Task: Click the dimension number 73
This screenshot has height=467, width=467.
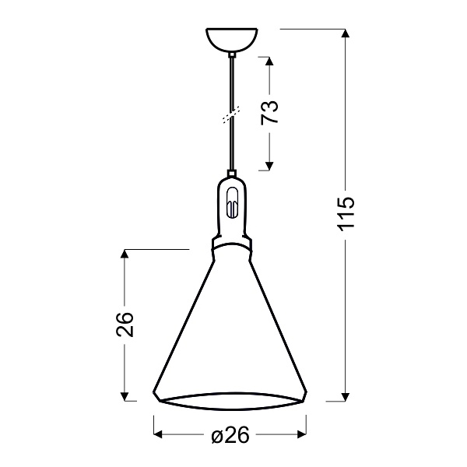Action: click(269, 114)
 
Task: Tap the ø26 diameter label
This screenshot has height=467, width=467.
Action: click(230, 437)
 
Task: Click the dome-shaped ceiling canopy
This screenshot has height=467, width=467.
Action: click(231, 40)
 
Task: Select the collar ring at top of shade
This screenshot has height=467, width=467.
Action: click(231, 244)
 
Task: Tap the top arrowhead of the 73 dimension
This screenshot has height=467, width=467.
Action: click(269, 60)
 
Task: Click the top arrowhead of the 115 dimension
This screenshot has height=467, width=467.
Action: click(346, 33)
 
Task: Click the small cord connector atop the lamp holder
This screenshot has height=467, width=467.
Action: click(231, 174)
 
